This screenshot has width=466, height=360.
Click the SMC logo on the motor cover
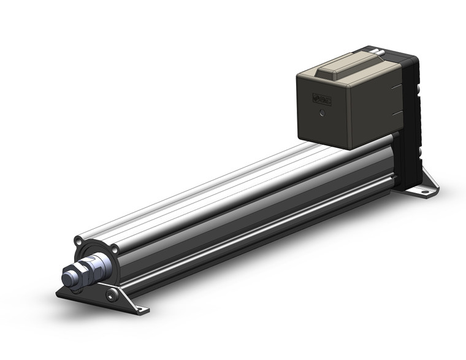(322, 100)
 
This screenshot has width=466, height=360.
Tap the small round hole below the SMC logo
(323, 113)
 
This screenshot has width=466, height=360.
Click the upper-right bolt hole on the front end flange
(114, 250)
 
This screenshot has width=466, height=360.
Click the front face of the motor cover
(325, 110)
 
